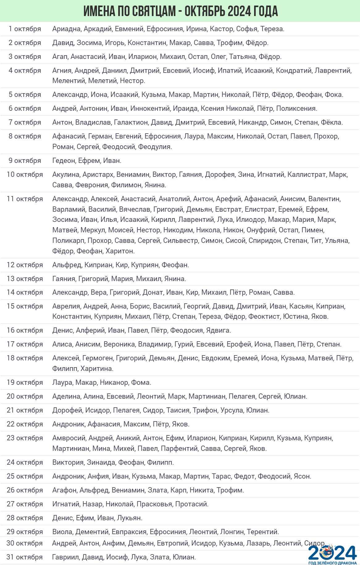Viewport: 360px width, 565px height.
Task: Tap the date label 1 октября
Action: (25, 29)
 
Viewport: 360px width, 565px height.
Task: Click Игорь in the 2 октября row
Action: (115, 43)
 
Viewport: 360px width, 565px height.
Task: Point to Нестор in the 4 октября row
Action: (132, 81)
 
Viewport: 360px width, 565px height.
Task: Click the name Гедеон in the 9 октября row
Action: (64, 161)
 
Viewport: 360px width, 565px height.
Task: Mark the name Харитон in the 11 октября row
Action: (120, 251)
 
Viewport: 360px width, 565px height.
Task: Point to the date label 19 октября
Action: (25, 383)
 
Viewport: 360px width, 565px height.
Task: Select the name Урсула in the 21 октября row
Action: (232, 410)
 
